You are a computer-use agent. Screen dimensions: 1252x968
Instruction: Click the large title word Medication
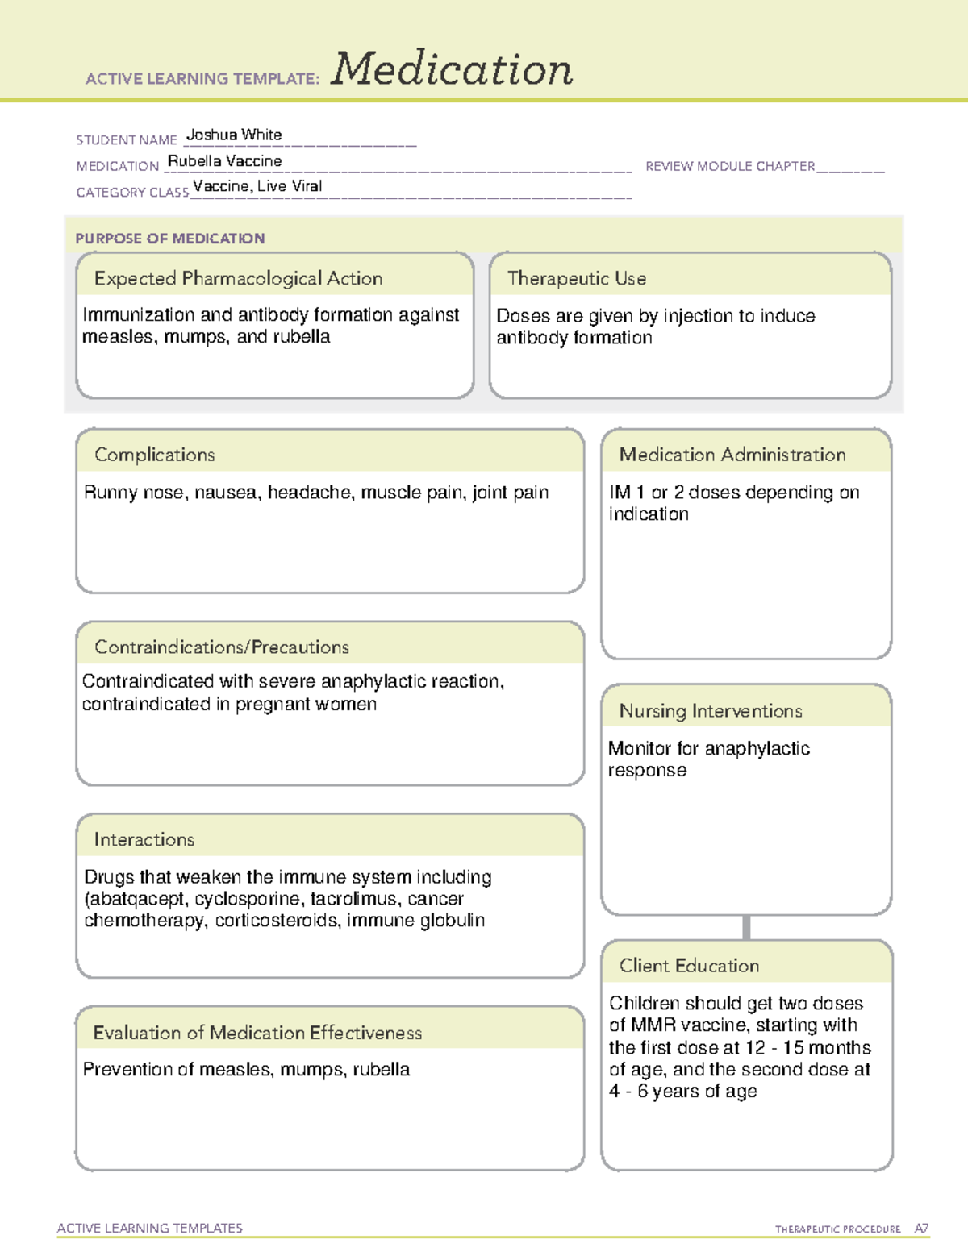click(x=452, y=69)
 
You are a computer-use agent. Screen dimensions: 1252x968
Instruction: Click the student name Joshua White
click(x=234, y=135)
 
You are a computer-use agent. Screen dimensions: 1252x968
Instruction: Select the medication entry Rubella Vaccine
click(x=224, y=160)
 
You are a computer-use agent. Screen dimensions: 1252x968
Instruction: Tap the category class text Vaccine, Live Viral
click(x=257, y=186)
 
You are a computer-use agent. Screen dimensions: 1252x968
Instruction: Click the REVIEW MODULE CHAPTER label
click(x=730, y=166)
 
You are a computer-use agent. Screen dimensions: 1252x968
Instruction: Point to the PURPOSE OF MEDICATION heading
click(x=169, y=239)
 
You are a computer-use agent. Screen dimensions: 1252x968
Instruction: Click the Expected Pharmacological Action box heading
click(x=238, y=278)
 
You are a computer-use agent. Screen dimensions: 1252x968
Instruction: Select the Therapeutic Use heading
click(x=577, y=278)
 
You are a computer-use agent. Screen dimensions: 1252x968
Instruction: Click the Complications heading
click(x=154, y=455)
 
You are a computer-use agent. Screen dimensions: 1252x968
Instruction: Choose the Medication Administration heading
click(x=732, y=455)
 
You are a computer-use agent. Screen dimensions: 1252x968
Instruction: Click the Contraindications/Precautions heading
click(x=222, y=647)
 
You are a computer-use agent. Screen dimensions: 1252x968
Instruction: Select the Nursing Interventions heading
click(x=711, y=710)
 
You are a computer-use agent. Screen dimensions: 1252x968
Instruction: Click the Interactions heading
click(x=144, y=839)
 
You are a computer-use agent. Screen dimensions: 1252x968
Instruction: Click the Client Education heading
click(x=689, y=965)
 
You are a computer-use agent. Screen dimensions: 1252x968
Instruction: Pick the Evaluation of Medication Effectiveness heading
click(x=257, y=1033)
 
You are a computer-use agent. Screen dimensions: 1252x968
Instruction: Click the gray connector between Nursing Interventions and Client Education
click(x=746, y=927)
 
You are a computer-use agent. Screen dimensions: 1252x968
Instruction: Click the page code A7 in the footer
click(x=920, y=1229)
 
